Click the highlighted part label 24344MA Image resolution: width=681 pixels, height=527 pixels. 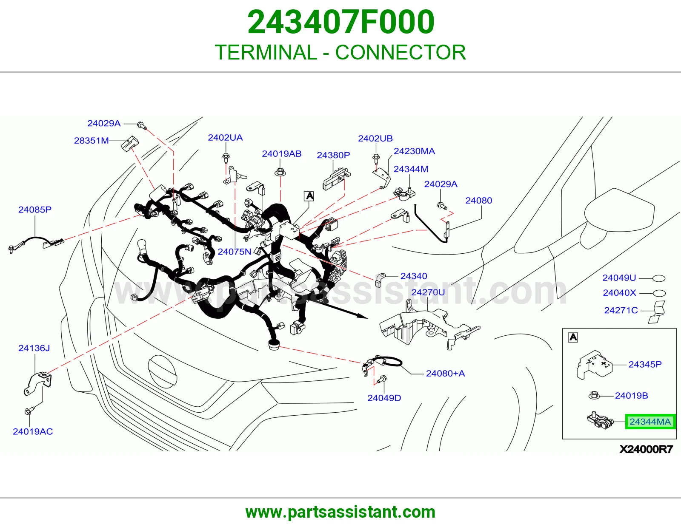pos(650,422)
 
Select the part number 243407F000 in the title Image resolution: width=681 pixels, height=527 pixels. pos(340,22)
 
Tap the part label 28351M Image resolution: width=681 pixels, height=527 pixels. pos(91,141)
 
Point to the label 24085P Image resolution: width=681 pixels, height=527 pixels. pos(35,210)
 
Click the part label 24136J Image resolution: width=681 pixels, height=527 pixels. pos(34,348)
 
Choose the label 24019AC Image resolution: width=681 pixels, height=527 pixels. pos(33,431)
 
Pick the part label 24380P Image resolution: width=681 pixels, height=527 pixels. pos(333,155)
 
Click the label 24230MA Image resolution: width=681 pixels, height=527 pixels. pos(414,151)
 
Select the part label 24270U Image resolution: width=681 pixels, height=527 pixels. pos(428,292)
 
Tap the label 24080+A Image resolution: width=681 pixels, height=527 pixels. pos(445,373)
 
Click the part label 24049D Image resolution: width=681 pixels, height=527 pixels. pos(384,398)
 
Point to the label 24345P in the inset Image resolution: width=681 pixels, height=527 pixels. pos(645,365)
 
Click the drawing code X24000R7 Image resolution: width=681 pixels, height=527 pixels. pos(646,449)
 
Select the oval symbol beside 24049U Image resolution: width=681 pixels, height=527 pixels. pos(659,278)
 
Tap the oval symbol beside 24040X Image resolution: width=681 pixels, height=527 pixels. pos(659,293)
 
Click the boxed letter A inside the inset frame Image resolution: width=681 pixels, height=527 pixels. pos(573,337)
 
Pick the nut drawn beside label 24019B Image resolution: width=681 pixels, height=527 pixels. pos(594,395)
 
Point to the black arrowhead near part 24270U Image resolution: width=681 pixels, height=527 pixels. pos(363,316)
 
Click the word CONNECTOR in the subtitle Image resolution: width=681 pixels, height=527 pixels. pos(401,52)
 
